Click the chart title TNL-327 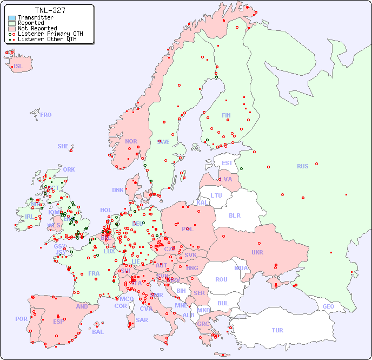(50, 10)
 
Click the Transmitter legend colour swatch (12, 17)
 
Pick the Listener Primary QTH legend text (50, 34)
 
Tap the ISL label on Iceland (18, 67)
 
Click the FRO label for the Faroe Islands (46, 115)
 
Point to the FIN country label (226, 115)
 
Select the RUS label (302, 166)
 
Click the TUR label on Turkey (277, 330)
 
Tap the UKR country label (257, 252)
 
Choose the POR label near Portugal (21, 319)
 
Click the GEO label (328, 306)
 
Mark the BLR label (234, 215)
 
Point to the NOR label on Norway (131, 141)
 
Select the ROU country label (221, 279)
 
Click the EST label (227, 163)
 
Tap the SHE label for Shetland (63, 146)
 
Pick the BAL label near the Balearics (97, 332)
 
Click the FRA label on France (94, 273)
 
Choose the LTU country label (216, 195)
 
